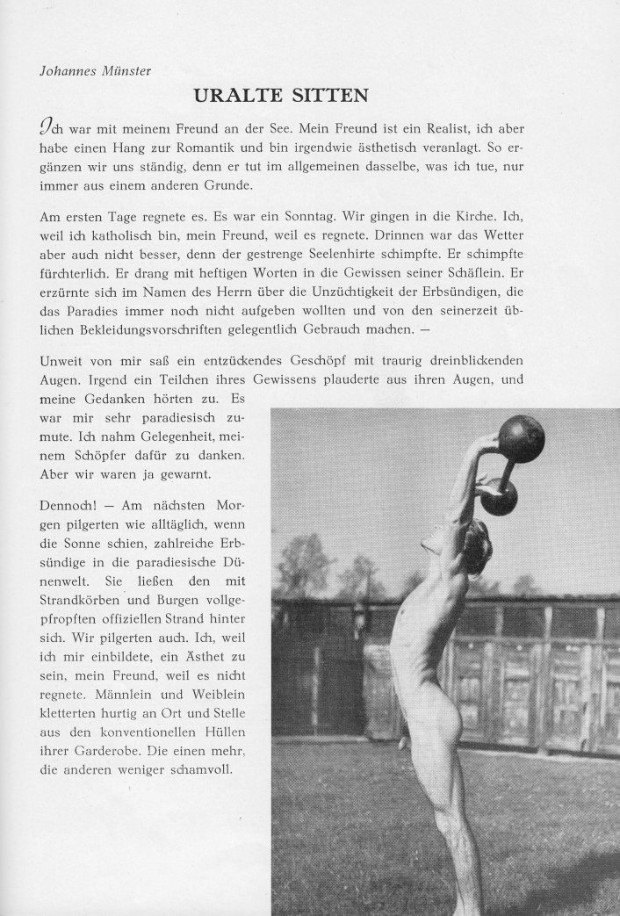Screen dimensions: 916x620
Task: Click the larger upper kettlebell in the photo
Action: [x=521, y=439]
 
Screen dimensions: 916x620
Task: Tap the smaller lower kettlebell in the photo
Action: [x=499, y=497]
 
